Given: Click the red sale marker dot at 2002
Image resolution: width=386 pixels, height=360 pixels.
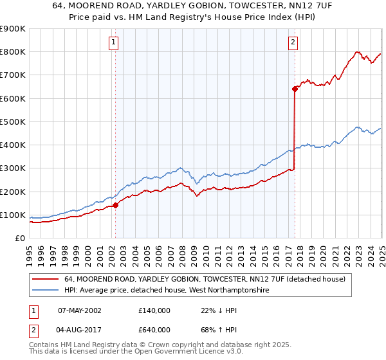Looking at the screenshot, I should [x=116, y=206].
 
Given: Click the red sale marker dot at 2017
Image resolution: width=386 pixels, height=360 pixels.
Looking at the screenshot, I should [x=295, y=89].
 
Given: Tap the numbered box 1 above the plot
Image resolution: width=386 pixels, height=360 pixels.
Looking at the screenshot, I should [x=113, y=43].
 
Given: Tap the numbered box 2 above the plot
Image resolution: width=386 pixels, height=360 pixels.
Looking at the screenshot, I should [x=293, y=43].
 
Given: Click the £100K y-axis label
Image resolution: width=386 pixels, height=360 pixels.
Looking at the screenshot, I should [x=12, y=215].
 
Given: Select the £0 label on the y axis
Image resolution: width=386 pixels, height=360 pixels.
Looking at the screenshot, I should [x=19, y=239].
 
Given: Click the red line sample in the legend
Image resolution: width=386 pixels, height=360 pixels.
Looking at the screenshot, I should [x=45, y=280].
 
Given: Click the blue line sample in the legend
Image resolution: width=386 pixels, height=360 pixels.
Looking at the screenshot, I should [x=45, y=291].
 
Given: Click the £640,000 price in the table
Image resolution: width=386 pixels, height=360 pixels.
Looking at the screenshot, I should [x=154, y=330].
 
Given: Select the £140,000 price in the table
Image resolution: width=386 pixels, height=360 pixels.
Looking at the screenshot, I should [x=154, y=311].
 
